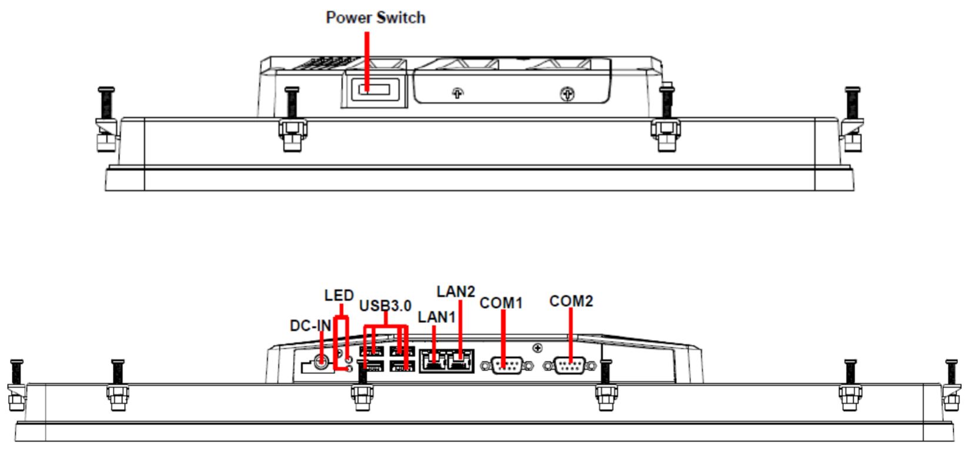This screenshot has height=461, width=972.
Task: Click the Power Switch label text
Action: [x=375, y=18]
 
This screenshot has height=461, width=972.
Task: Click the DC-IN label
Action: [x=310, y=326]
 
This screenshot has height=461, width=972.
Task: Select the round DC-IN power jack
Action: [x=321, y=362]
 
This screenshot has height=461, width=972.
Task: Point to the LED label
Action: [x=339, y=295]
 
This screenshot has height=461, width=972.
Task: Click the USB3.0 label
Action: [x=385, y=306]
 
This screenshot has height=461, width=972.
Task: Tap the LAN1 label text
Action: [x=436, y=317]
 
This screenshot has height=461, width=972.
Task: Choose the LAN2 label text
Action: [x=456, y=292]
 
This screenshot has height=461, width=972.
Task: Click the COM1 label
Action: [x=501, y=303]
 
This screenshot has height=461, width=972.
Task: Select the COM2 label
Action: [x=571, y=301]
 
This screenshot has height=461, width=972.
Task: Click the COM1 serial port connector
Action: [x=506, y=366]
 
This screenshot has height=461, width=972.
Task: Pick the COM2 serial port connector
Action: [x=569, y=366]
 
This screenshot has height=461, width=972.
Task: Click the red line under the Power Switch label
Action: [x=368, y=59]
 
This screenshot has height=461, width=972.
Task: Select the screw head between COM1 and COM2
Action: [x=537, y=348]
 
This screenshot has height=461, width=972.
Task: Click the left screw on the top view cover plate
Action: [x=457, y=93]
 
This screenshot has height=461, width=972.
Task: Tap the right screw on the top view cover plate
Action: [x=567, y=93]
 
